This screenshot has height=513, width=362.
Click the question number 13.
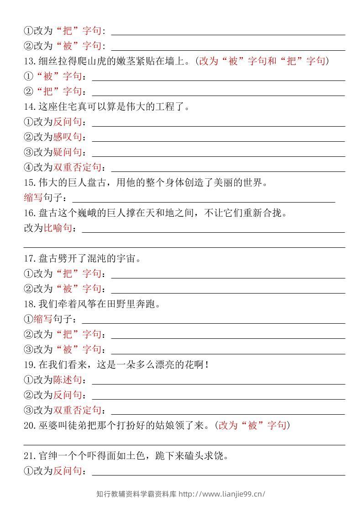click(x=28, y=61)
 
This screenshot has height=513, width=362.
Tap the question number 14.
click(x=28, y=107)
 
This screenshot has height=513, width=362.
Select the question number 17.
click(x=28, y=258)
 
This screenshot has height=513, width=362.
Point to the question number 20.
click(x=28, y=425)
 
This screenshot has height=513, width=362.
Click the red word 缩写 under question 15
click(x=33, y=198)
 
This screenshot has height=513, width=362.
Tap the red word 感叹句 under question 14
click(x=68, y=137)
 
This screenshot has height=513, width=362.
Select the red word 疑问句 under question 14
click(x=68, y=152)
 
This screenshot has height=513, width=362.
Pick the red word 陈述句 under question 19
click(x=68, y=379)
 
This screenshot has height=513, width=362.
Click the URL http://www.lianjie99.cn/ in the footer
click(x=221, y=494)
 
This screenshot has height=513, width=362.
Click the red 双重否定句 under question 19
click(x=77, y=410)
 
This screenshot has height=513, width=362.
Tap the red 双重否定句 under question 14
click(x=77, y=167)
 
